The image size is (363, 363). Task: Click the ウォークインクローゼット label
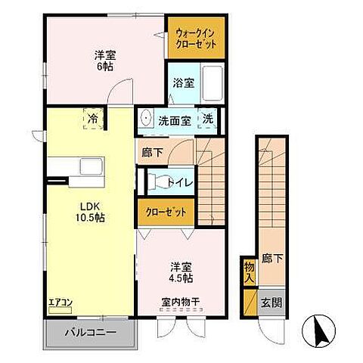[x=196, y=39]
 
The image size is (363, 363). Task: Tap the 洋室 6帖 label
[x=104, y=60]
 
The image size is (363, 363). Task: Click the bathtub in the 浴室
[x=212, y=84]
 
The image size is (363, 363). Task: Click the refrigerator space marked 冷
[x=92, y=119]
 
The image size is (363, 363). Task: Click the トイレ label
[x=179, y=181]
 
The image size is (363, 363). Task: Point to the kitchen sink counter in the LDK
[x=80, y=167]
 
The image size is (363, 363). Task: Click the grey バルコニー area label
[x=89, y=331]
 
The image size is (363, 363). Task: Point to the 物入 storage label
[x=249, y=270]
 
